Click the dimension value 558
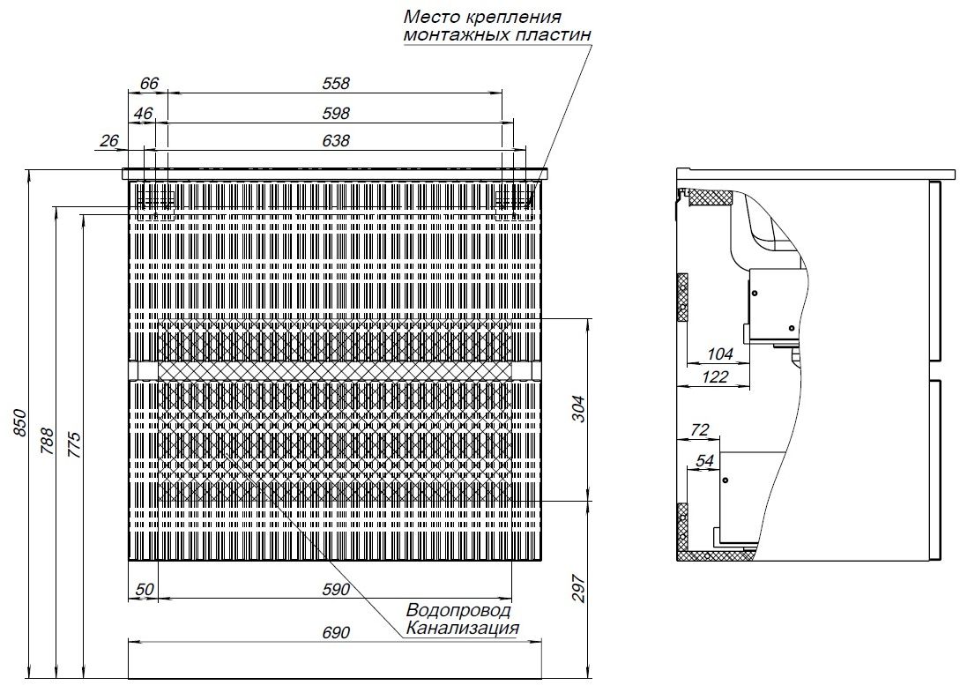click(x=336, y=84)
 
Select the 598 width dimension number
click(x=336, y=113)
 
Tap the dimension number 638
click(x=336, y=140)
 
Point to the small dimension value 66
click(x=149, y=84)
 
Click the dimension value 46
click(x=143, y=113)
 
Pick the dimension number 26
click(x=109, y=140)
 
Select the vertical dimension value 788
click(x=48, y=440)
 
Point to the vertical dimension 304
click(x=577, y=409)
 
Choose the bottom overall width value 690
click(x=336, y=632)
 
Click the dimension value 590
click(x=336, y=589)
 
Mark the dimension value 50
click(x=144, y=589)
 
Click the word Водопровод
click(x=458, y=610)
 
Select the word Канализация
click(x=461, y=628)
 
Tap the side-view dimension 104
click(x=720, y=354)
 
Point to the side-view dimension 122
click(x=714, y=377)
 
